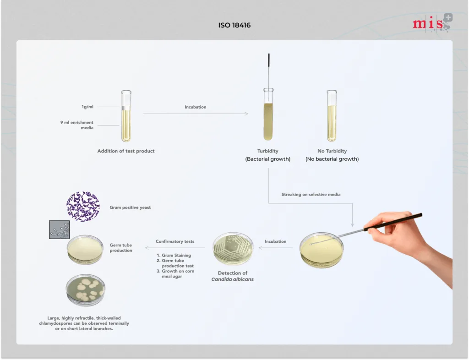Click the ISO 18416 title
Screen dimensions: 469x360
pyautogui.click(x=234, y=25)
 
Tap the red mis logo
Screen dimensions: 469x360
pyautogui.click(x=432, y=22)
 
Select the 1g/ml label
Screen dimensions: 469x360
pyautogui.click(x=87, y=107)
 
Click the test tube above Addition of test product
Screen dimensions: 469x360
pyautogui.click(x=126, y=116)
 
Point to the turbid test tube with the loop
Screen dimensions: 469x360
pyautogui.click(x=268, y=114)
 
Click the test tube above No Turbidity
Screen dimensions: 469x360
pyautogui.click(x=332, y=116)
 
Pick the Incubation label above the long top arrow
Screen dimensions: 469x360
pyautogui.click(x=195, y=107)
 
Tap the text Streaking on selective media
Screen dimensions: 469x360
pyautogui.click(x=311, y=194)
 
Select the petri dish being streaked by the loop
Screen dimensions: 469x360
pyautogui.click(x=322, y=250)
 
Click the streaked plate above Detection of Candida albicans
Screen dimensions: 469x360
pyautogui.click(x=233, y=249)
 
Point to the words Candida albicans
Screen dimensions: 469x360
pyautogui.click(x=232, y=279)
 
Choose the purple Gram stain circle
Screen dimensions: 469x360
pyautogui.click(x=83, y=206)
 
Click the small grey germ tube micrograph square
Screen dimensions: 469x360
pyautogui.click(x=59, y=229)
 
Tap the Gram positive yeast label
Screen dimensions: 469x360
pyautogui.click(x=130, y=207)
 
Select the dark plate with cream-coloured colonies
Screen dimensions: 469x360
pyautogui.click(x=86, y=290)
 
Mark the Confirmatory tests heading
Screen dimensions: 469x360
pyautogui.click(x=175, y=241)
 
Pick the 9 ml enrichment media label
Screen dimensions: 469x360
pyautogui.click(x=77, y=125)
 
